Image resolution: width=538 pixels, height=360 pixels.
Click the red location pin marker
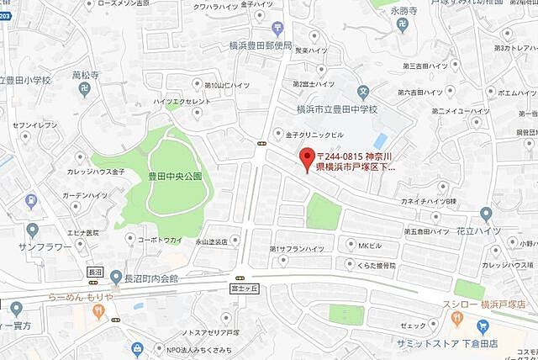click(307, 157)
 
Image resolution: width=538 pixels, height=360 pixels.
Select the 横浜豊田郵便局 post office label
click(261, 46)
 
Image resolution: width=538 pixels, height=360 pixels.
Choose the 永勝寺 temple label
click(407, 12)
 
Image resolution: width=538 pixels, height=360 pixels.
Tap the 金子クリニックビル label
click(316, 133)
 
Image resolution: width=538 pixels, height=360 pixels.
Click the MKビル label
click(371, 246)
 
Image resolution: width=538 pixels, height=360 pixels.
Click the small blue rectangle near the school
click(380, 140)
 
